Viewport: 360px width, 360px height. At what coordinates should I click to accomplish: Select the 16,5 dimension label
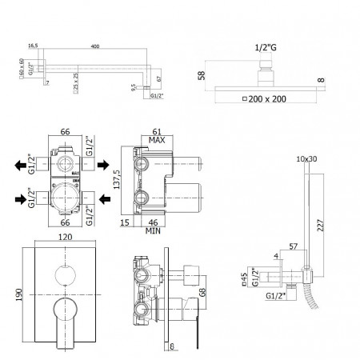coord(33,46)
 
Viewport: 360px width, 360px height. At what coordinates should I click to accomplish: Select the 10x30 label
coord(308,159)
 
